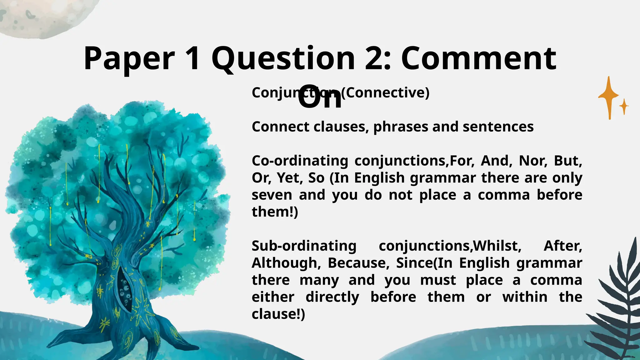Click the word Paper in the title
pyautogui.click(x=129, y=59)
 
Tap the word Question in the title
pyautogui.click(x=283, y=59)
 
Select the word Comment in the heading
pyautogui.click(x=478, y=59)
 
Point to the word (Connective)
pyautogui.click(x=385, y=92)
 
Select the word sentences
pyautogui.click(x=498, y=127)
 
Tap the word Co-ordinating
pyautogui.click(x=300, y=161)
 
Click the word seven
pyautogui.click(x=272, y=195)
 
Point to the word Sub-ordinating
pyautogui.click(x=304, y=246)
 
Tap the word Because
pyautogui.click(x=358, y=263)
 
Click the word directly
pyautogui.click(x=332, y=297)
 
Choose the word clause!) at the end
pyautogui.click(x=278, y=314)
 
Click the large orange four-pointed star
pyautogui.click(x=609, y=97)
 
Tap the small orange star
pyautogui.click(x=624, y=107)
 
